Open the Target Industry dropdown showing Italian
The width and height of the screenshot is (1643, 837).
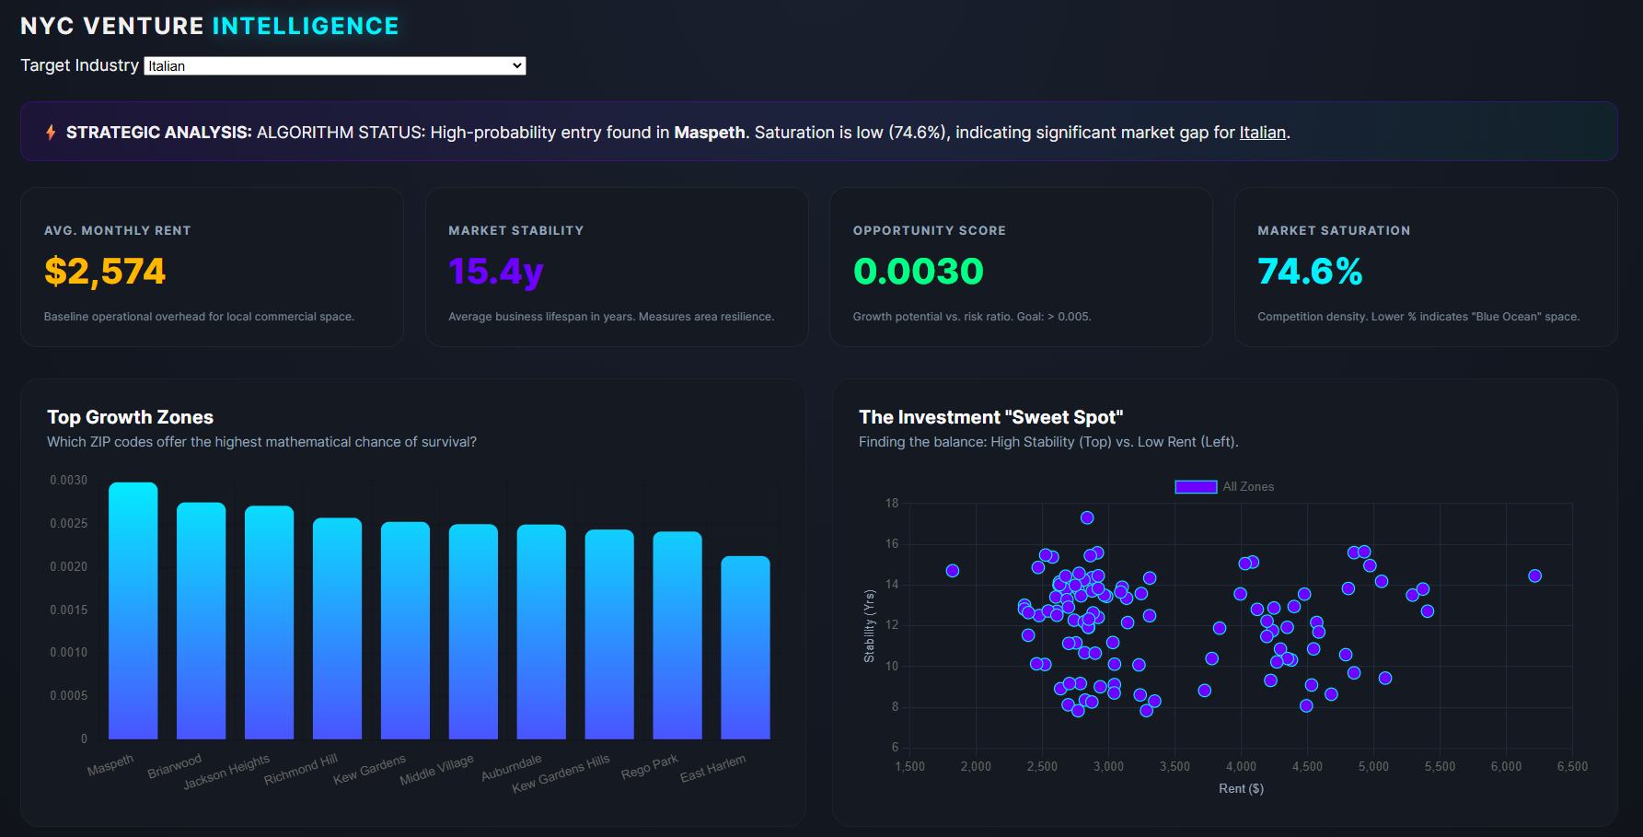335,66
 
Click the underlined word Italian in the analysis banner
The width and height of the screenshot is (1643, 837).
1262,133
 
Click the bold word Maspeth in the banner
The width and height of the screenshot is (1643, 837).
709,133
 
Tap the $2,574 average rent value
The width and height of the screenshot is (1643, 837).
105,272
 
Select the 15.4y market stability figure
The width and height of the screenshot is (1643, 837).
495,272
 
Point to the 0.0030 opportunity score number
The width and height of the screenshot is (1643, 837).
918,272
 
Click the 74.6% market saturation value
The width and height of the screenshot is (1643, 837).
1309,272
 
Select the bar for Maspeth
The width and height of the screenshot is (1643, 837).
133,611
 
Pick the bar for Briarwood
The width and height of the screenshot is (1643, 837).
201,621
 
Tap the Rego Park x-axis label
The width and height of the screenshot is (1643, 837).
650,766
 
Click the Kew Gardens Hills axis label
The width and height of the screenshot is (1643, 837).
561,773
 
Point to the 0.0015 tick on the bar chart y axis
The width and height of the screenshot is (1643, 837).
69,610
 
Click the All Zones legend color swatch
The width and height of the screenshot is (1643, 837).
1196,487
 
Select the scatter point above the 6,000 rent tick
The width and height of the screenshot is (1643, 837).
1534,575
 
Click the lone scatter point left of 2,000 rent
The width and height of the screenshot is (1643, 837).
953,571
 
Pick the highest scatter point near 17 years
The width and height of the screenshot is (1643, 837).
1087,517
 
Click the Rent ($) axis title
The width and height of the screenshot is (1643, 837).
1241,788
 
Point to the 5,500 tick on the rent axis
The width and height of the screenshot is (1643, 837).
1440,766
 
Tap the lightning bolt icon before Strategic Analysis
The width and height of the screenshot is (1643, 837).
51,133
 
